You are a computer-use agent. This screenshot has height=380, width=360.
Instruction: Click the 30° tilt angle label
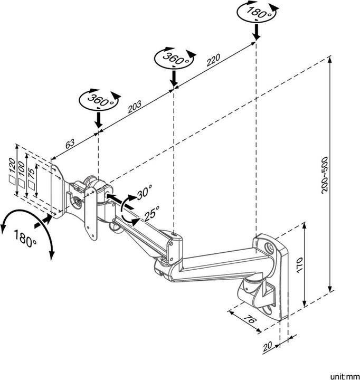click(x=144, y=194)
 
